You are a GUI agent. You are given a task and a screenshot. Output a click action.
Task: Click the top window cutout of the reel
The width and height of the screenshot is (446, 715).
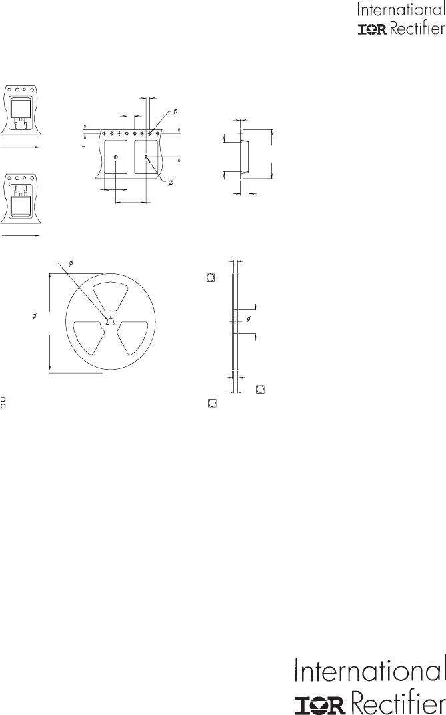[111, 295]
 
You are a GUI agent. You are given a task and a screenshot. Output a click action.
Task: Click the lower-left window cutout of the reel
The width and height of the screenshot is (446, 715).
[89, 337]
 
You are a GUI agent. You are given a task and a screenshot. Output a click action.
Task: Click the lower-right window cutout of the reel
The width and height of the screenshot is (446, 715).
[133, 337]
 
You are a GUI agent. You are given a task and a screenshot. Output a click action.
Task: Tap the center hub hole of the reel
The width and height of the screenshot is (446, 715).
[111, 321]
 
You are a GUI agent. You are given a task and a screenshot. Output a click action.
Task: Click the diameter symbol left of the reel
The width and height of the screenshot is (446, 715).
[35, 316]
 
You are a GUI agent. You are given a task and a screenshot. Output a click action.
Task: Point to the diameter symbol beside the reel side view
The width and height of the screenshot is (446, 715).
[249, 318]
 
